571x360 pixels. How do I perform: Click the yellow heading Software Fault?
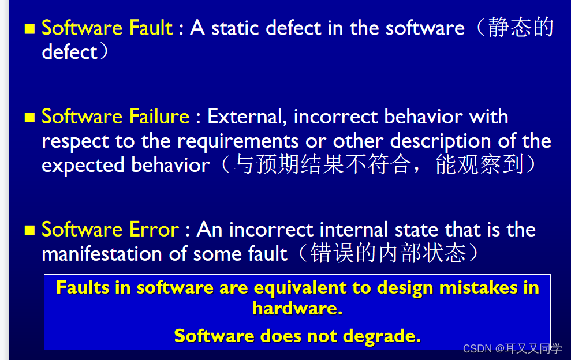pyautogui.click(x=107, y=28)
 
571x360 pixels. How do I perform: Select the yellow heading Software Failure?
pyautogui.click(x=115, y=117)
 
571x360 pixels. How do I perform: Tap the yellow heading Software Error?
pyautogui.click(x=110, y=230)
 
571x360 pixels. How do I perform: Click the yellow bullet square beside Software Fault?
pyautogui.click(x=29, y=28)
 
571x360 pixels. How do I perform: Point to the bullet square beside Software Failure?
pyautogui.click(x=29, y=118)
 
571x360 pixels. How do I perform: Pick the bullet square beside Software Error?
pyautogui.click(x=29, y=230)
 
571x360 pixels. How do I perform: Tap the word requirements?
pyautogui.click(x=238, y=141)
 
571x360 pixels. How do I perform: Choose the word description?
pyautogui.click(x=441, y=141)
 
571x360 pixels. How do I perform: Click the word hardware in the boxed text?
pyautogui.click(x=296, y=308)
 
